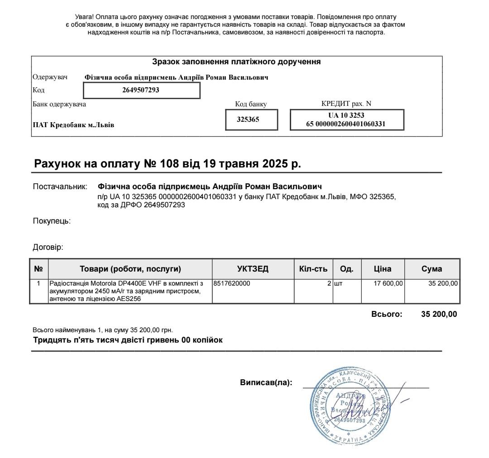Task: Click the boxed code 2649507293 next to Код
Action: point(141,90)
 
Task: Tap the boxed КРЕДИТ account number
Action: point(346,119)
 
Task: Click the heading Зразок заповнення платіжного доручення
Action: point(236,62)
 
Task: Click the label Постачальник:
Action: point(60,186)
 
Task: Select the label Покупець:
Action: point(52,221)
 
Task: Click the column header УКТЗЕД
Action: point(253,269)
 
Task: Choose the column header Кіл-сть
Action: point(313,269)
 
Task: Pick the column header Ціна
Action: point(383,269)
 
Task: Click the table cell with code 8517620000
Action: point(232,284)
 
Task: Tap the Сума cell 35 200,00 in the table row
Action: point(442,284)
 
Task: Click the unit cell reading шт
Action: point(338,284)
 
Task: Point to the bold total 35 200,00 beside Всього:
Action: point(439,315)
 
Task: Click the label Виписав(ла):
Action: point(266,382)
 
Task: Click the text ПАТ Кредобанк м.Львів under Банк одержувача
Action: point(73,125)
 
